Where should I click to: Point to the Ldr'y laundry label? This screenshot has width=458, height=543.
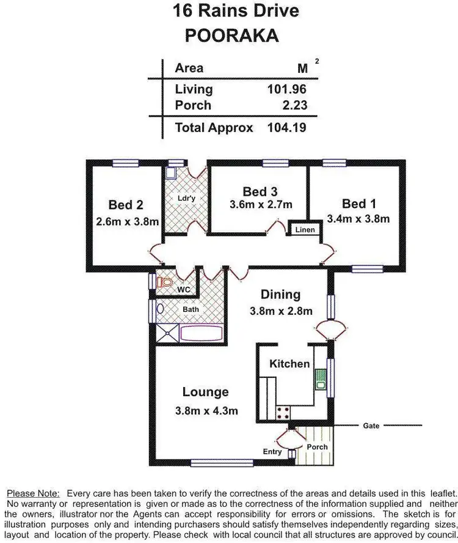click(x=186, y=198)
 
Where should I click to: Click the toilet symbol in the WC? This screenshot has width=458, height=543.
click(x=164, y=283)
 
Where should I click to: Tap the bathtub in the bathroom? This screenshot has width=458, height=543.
click(x=203, y=332)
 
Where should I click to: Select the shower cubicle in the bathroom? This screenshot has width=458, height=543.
click(x=168, y=332)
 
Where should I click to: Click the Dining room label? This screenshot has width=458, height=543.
click(x=280, y=294)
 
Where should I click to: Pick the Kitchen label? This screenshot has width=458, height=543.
click(x=289, y=364)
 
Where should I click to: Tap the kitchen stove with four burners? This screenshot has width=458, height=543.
click(x=283, y=412)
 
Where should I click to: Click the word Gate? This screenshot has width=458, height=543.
click(x=371, y=425)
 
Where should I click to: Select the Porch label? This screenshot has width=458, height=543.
click(x=317, y=447)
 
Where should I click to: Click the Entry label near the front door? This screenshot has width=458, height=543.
click(x=272, y=452)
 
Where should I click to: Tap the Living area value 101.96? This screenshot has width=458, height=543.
click(x=286, y=89)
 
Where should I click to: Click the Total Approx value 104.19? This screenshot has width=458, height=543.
click(x=286, y=128)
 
